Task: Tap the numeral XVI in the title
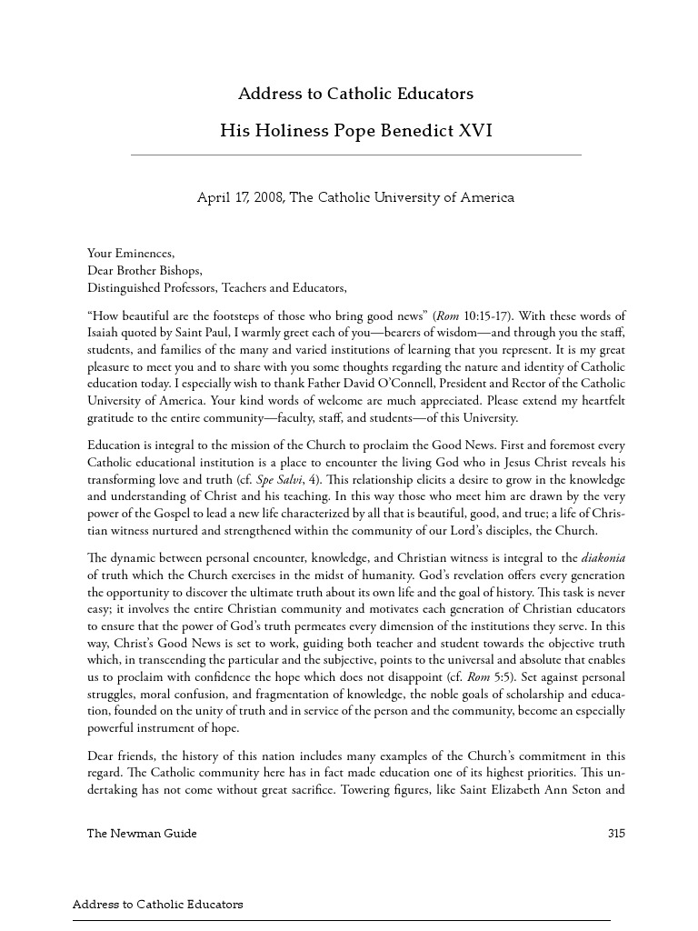[475, 131]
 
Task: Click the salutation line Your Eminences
[130, 254]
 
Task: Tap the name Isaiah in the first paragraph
[103, 333]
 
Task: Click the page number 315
[616, 834]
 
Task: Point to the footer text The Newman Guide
[142, 834]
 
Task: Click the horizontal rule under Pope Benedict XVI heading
[356, 155]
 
